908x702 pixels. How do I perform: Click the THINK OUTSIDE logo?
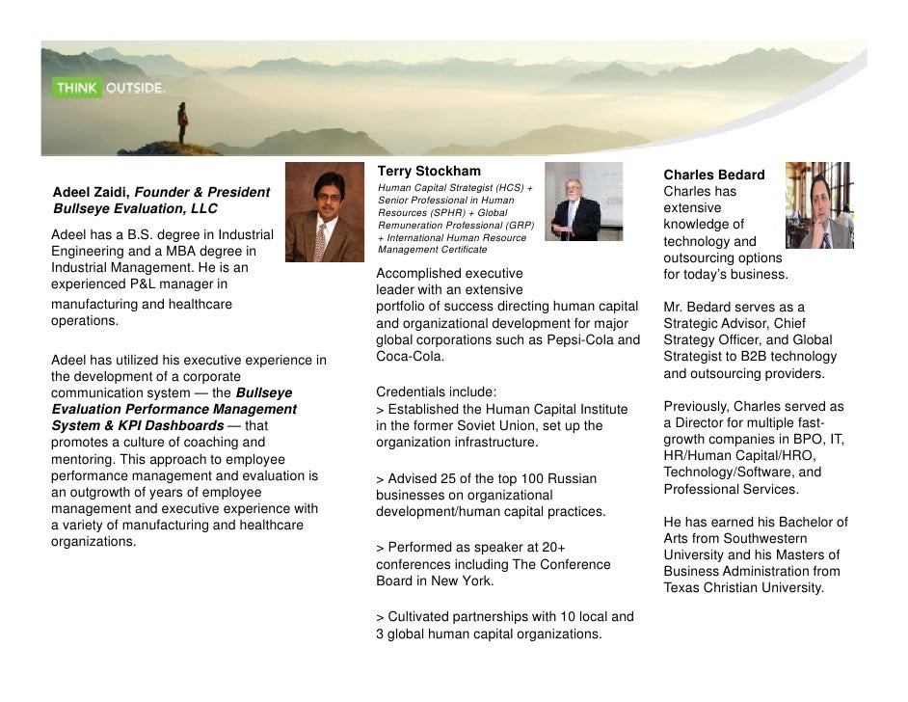pos(110,88)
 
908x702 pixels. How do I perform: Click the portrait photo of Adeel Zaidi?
pos(324,212)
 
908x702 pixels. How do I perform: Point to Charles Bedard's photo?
pos(818,205)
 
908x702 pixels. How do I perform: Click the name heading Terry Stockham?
pos(428,172)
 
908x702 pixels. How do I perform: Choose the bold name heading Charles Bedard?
pos(713,175)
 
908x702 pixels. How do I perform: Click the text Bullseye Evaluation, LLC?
pos(135,209)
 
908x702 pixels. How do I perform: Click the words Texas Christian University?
pos(743,587)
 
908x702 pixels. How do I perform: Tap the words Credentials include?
pos(437,392)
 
